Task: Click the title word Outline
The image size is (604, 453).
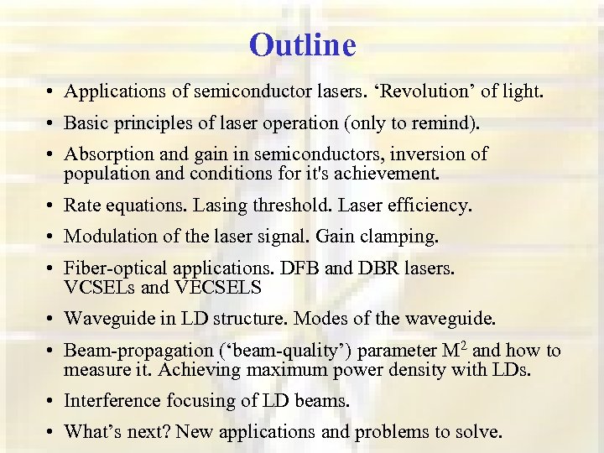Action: tap(302, 44)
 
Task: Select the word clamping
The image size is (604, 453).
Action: tap(403, 237)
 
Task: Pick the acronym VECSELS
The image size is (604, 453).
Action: tap(217, 288)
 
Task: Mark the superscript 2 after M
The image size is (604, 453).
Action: tap(463, 344)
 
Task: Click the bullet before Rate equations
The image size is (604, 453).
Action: tap(52, 206)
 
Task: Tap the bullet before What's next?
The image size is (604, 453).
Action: tap(52, 433)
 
